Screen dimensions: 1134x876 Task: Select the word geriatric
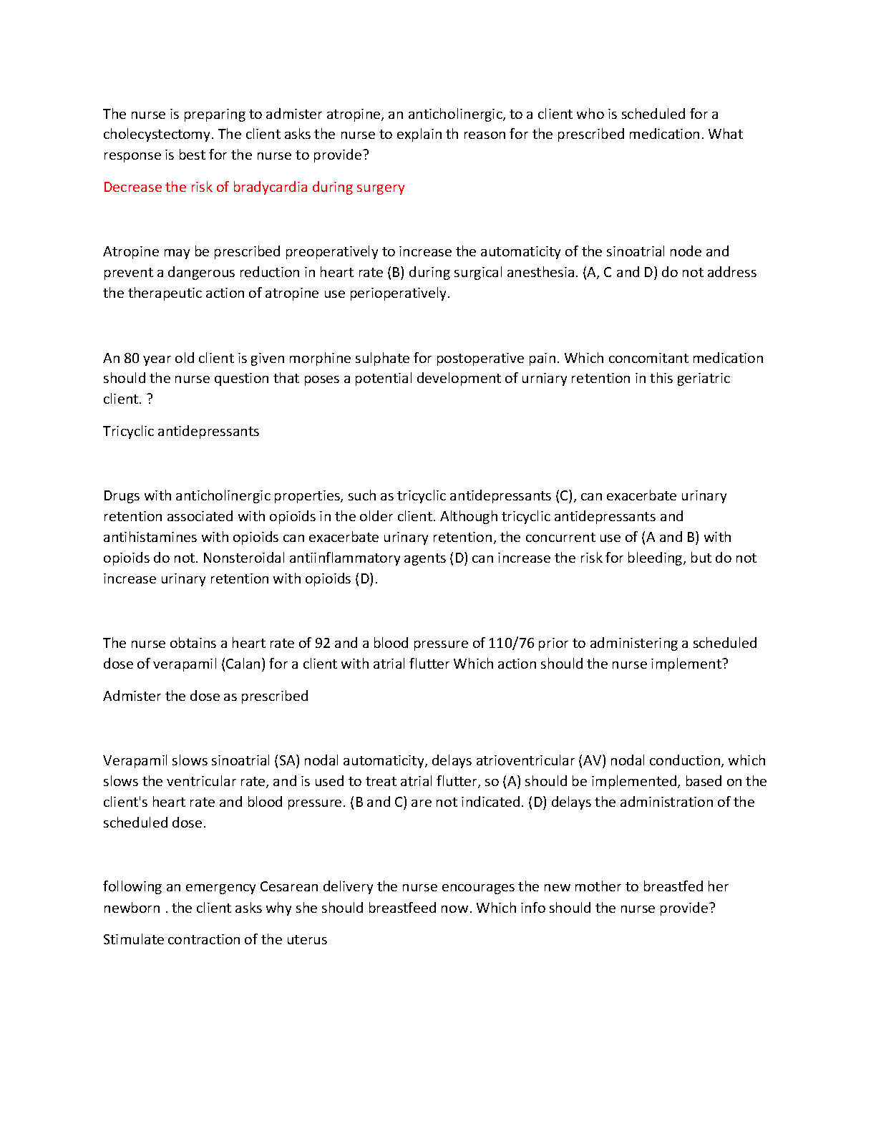click(702, 378)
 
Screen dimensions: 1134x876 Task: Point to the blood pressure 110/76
click(511, 643)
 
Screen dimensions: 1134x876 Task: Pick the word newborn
click(132, 908)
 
